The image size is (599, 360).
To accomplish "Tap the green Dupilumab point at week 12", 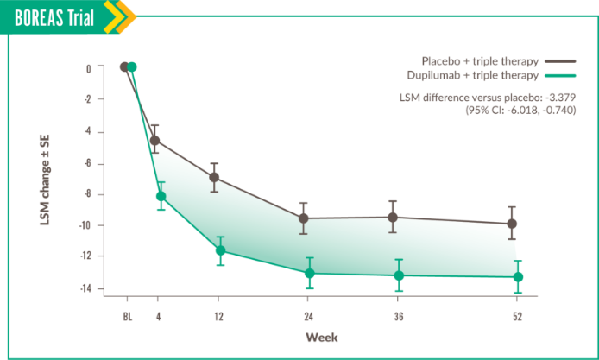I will click(220, 250).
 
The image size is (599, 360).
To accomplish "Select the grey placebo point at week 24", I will click(304, 218).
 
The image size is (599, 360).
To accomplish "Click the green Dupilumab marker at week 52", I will click(518, 277).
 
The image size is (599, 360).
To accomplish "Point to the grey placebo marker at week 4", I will click(155, 140).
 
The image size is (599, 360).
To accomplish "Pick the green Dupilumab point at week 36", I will click(399, 275).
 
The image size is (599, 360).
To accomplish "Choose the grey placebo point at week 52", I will click(512, 224).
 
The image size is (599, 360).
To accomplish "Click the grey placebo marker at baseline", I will click(124, 66).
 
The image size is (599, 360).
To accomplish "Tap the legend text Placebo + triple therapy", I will click(480, 61).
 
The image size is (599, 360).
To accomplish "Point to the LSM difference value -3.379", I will click(560, 98).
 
